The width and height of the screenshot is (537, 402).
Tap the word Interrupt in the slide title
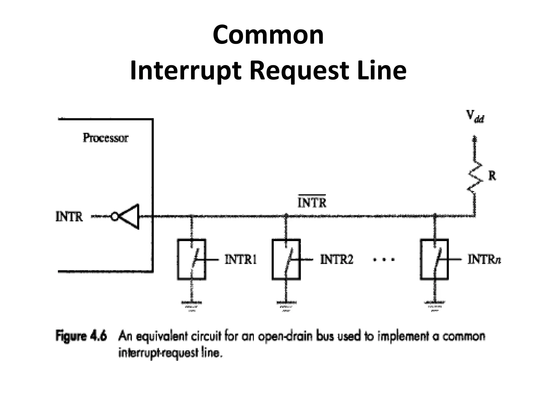click(185, 71)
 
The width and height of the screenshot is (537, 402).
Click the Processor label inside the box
click(105, 138)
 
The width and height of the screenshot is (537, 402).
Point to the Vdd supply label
click(475, 116)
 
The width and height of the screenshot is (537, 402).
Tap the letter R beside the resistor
click(492, 176)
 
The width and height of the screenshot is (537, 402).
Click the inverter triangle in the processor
click(130, 216)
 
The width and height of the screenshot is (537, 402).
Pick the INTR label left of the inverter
click(69, 217)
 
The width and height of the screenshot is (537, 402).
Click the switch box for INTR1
click(191, 259)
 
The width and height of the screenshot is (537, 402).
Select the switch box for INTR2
click(286, 259)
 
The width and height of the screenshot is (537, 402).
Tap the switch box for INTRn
click(434, 259)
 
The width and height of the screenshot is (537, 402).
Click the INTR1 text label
click(241, 260)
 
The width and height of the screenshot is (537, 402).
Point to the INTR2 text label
click(337, 260)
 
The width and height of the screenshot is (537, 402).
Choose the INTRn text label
click(484, 260)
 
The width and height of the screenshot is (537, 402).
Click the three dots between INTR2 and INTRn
click(384, 260)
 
